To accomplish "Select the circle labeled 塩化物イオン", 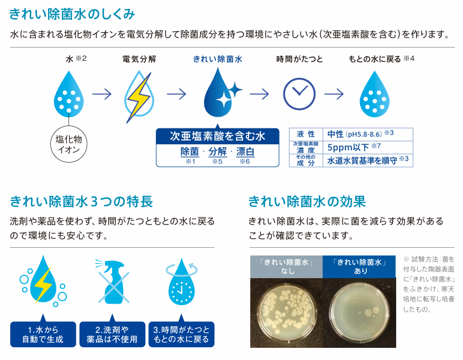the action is pos(69,144).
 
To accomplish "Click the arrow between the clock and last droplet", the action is pos(334,94).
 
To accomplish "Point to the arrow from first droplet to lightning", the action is pos(102,94).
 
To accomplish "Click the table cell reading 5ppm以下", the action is pos(368,147).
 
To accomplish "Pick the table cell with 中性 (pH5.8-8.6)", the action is pos(368,134).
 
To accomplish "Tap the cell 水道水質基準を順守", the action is pos(368,160).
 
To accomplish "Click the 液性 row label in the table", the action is pos(306,134).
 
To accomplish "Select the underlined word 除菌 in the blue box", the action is pos(190,152).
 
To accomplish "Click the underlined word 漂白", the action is pos(245,152).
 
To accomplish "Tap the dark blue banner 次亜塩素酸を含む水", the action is pos(218,136).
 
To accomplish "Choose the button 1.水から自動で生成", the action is pos(43,334).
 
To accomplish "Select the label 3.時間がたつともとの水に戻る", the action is pos(181,334).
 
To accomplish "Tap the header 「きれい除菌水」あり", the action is pos(359,267).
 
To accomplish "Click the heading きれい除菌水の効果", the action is pos(307,202).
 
